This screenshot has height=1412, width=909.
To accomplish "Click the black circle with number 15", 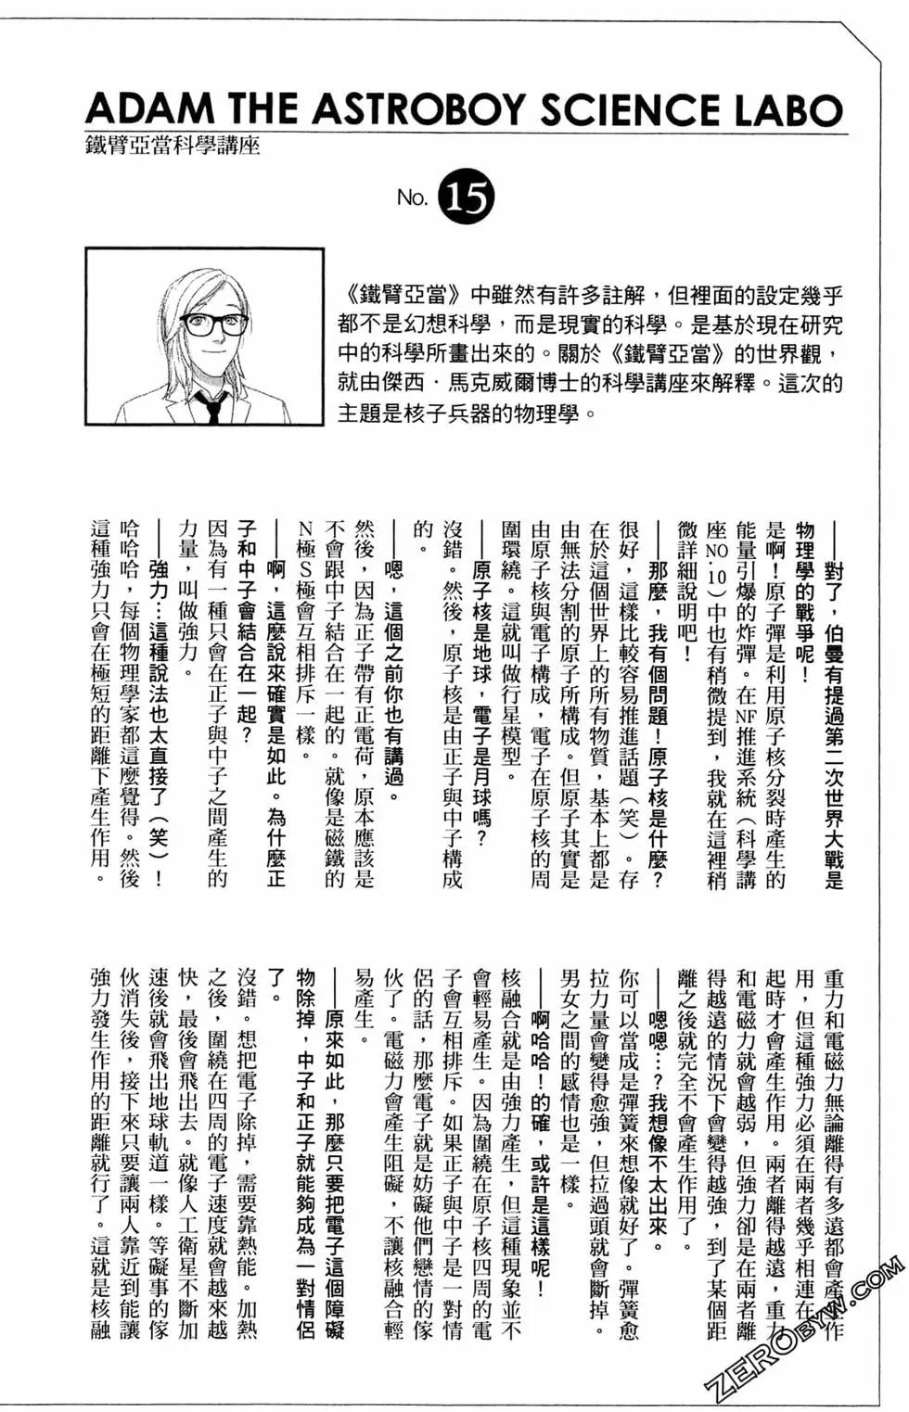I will [x=469, y=197].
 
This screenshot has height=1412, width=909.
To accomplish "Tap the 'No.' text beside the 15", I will [x=412, y=198].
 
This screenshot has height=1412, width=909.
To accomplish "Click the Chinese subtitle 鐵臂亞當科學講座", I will [x=173, y=146].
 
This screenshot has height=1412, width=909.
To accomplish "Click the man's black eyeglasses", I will [x=213, y=324].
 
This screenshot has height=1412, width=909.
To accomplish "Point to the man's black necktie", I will [x=211, y=407].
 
